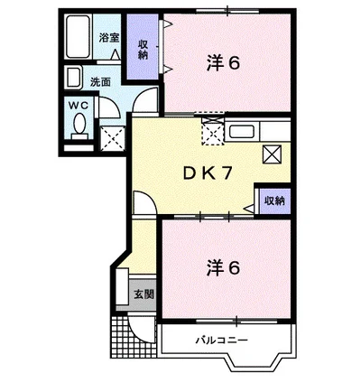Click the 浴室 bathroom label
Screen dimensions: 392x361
tap(109, 40)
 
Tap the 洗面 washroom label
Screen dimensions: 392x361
tap(99, 80)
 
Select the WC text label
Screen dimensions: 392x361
tap(78, 105)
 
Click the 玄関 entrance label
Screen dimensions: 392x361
tap(143, 294)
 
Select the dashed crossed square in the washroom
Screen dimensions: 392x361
tap(113, 137)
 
